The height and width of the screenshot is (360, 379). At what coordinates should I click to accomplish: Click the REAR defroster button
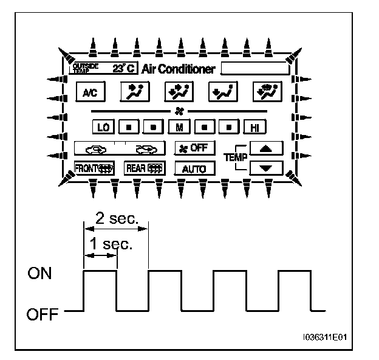(140, 168)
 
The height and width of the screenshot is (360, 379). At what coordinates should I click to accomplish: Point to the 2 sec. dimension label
(115, 218)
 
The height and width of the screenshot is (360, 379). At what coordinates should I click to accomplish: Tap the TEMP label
(234, 157)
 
